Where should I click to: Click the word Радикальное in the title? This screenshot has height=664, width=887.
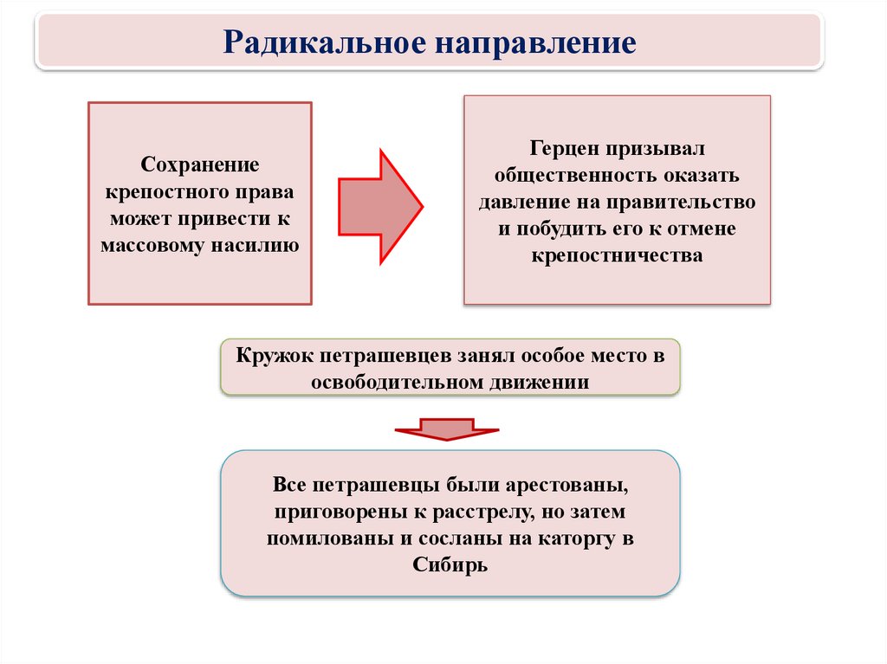click(x=324, y=42)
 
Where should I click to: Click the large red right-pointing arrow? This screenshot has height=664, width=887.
click(x=381, y=207)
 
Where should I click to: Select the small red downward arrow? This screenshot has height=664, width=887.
click(x=447, y=429)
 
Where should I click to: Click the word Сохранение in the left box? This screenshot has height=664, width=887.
click(x=200, y=164)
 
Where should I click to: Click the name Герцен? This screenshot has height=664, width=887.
click(x=564, y=149)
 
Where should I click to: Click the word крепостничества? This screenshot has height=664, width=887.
click(x=617, y=256)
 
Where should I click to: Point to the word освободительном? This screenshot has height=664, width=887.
click(x=397, y=383)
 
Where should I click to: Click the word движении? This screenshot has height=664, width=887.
click(x=539, y=383)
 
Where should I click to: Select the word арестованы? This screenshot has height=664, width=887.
click(x=566, y=486)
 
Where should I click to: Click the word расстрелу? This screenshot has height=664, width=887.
click(x=483, y=513)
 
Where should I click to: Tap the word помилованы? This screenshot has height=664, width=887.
click(x=330, y=538)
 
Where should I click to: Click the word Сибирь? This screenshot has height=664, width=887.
click(x=450, y=565)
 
